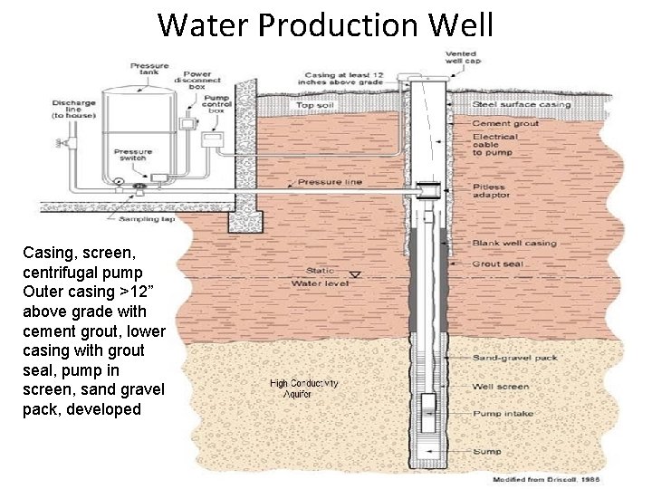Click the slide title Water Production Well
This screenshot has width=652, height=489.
[326, 24]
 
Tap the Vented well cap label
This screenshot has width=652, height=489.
[462, 57]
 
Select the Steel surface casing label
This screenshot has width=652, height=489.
[521, 106]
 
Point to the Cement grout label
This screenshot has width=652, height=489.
[504, 123]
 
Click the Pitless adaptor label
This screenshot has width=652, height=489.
[491, 191]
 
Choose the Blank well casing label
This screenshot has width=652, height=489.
[513, 244]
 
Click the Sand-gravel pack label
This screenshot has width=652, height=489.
[515, 358]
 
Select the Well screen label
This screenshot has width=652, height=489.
[501, 387]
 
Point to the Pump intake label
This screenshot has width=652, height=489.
[503, 414]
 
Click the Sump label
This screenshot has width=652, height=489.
[486, 450]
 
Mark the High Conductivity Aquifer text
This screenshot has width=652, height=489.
[304, 388]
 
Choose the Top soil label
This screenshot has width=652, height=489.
[315, 107]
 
